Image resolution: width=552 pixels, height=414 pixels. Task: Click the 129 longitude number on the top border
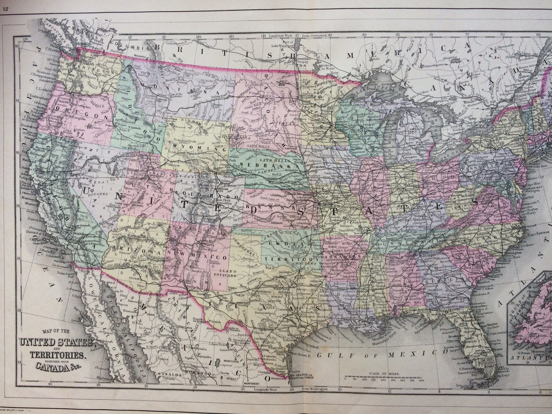25,38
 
